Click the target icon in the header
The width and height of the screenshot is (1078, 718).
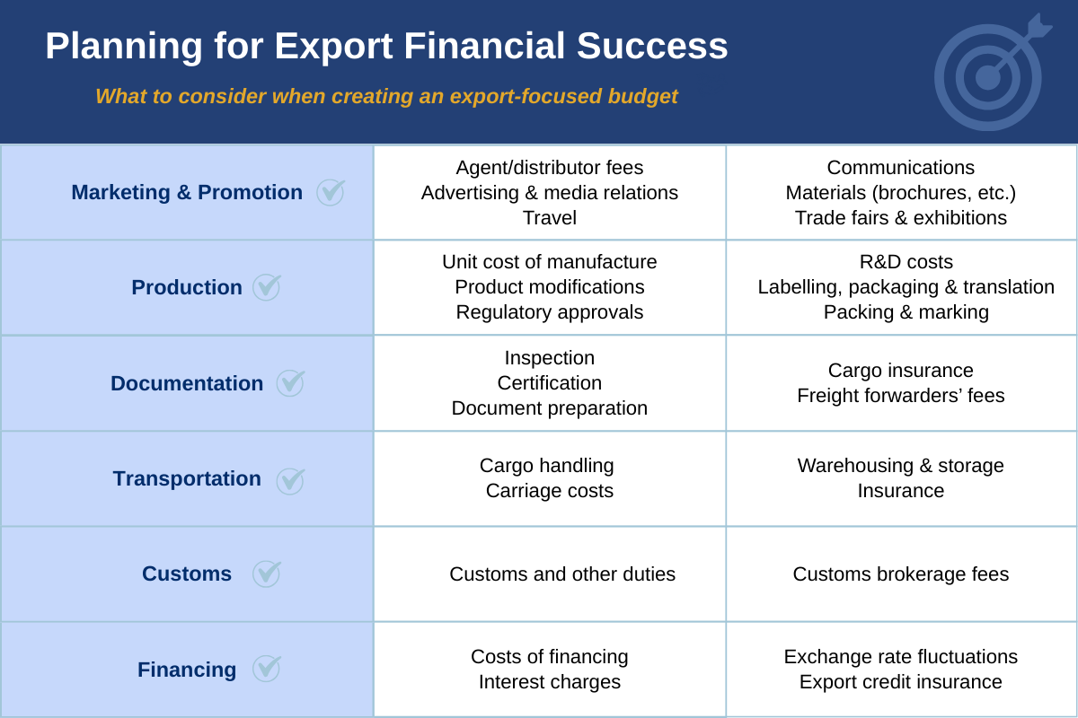pos(988,76)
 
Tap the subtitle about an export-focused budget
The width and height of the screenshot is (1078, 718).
pos(386,96)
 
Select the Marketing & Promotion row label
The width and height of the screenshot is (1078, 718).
pos(187,192)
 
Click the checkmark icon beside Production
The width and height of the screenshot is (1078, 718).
pos(266,287)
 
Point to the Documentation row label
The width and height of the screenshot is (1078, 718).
pos(187,383)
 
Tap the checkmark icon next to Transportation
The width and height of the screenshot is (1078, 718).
pos(290,480)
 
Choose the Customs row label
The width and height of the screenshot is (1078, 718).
pos(187,574)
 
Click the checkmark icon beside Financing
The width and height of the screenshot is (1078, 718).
pos(266,669)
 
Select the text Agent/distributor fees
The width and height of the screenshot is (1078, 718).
pos(550,168)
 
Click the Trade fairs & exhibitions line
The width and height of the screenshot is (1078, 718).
pos(901,218)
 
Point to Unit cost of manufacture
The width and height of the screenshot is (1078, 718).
pos(550,262)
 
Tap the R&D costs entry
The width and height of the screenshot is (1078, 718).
pos(906,262)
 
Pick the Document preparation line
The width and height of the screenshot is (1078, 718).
pos(550,408)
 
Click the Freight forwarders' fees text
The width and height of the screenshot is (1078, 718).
pos(901,396)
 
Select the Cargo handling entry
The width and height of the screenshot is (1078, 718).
pos(546,466)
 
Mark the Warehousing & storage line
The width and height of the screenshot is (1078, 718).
pos(901,466)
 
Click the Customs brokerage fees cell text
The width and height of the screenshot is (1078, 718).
pos(901,574)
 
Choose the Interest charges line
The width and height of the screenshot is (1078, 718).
pos(550,682)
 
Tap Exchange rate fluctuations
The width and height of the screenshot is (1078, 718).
pos(901,657)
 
